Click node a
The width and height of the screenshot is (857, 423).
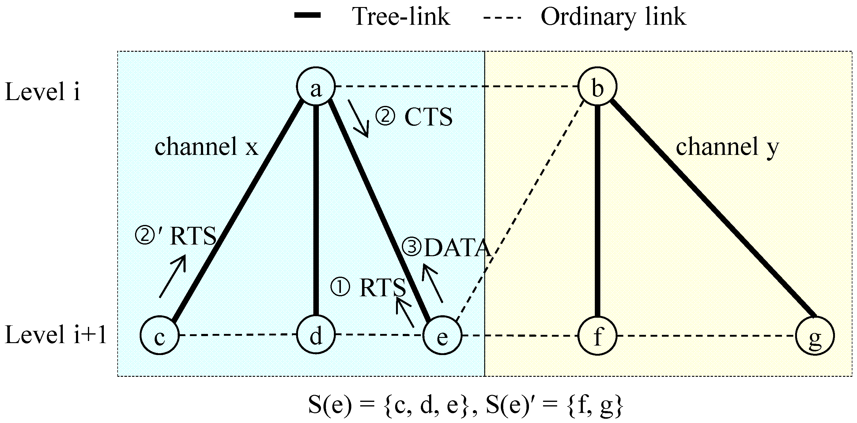(315, 86)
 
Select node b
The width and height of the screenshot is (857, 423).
(597, 86)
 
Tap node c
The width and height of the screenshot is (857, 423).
(160, 335)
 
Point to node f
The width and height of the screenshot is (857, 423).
(597, 335)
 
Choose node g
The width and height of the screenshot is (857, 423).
(815, 335)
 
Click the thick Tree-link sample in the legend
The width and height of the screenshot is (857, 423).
(308, 15)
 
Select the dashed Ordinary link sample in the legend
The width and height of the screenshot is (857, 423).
(502, 17)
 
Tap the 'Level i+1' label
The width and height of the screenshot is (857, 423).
(56, 335)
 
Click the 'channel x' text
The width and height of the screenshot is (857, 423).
(206, 146)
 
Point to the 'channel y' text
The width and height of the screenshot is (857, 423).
(727, 146)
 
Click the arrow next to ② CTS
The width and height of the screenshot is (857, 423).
(359, 118)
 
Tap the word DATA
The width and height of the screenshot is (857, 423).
(457, 248)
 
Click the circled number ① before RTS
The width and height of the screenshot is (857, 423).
(340, 287)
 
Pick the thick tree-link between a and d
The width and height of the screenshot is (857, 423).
(316, 209)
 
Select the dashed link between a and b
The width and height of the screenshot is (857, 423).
(456, 86)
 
